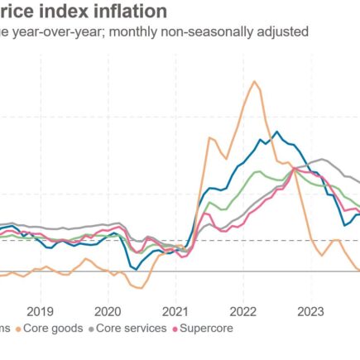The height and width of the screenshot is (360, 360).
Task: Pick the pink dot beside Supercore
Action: click(175, 329)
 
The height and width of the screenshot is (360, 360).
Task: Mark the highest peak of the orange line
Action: click(253, 81)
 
